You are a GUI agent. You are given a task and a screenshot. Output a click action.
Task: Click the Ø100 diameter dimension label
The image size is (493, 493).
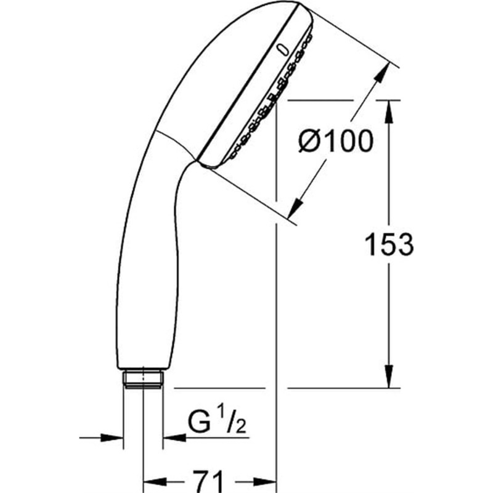[336, 141]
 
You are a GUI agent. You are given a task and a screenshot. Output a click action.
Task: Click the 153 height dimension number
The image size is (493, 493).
[389, 244]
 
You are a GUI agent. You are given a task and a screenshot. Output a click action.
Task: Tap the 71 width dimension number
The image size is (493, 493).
[208, 481]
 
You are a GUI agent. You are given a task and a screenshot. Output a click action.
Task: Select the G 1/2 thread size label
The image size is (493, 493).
[217, 422]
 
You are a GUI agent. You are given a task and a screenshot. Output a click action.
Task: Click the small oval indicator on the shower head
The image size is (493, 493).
[282, 51]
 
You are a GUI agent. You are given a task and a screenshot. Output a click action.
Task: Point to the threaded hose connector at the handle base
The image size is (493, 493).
[143, 379]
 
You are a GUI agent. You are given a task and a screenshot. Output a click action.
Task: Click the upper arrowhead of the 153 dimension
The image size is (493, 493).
[389, 112]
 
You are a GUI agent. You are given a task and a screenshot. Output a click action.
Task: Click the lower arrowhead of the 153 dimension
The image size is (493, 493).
[389, 377]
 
